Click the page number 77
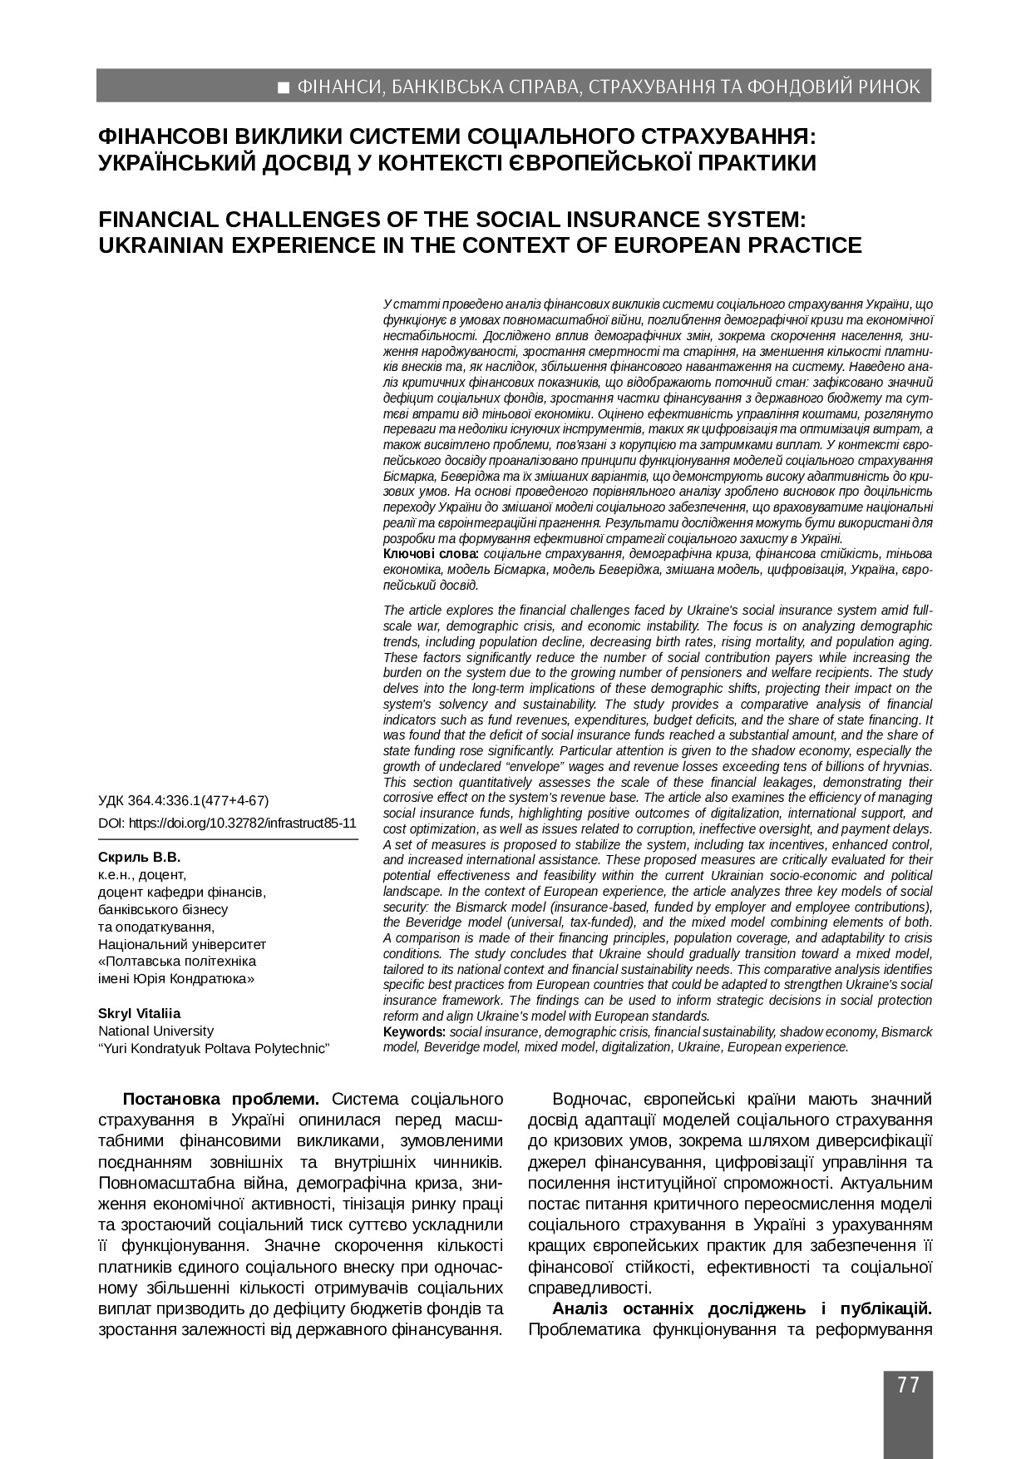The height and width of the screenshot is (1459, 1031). (908, 1385)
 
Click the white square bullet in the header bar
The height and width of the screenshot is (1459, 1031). (284, 87)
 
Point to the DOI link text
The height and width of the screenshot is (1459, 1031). (227, 823)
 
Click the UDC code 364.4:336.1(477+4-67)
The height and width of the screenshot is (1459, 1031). (198, 801)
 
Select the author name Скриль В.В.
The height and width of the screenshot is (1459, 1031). (139, 857)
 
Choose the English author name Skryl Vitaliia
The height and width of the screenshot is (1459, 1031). (139, 1013)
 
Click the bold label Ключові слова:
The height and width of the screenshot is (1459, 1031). (430, 554)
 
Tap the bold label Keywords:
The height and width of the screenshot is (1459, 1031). (414, 1032)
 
